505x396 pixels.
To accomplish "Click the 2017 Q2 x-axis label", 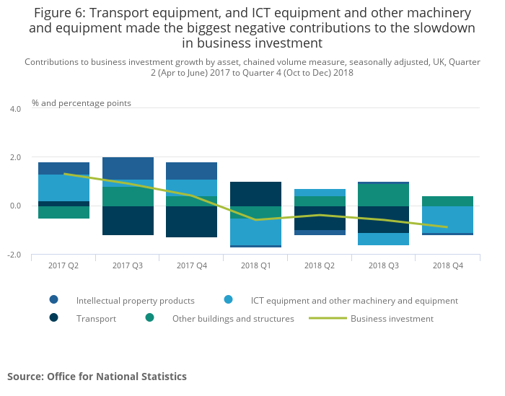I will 63,265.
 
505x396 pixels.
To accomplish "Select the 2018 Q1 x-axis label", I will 256,265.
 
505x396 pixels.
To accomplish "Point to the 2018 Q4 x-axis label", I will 448,265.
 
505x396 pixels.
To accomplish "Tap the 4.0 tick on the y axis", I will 15,109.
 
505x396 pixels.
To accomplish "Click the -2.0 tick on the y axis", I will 14,255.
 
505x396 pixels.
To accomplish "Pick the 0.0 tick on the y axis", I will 15,206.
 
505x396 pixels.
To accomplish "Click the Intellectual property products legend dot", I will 54,300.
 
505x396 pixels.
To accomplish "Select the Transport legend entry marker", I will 54,318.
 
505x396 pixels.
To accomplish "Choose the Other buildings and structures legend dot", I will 149,318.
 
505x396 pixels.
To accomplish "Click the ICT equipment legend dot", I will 228,300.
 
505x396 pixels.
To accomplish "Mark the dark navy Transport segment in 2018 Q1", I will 256,193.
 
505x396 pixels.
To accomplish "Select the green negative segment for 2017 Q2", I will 63,212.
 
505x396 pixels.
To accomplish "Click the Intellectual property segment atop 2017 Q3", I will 128,168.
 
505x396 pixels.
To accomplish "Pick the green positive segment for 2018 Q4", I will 448,201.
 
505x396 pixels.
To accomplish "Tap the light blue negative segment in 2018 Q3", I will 384,239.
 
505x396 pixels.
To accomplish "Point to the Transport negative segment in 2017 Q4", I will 192,221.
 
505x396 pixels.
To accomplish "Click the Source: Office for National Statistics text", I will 97,377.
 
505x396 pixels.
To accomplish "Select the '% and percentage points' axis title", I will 82,103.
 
